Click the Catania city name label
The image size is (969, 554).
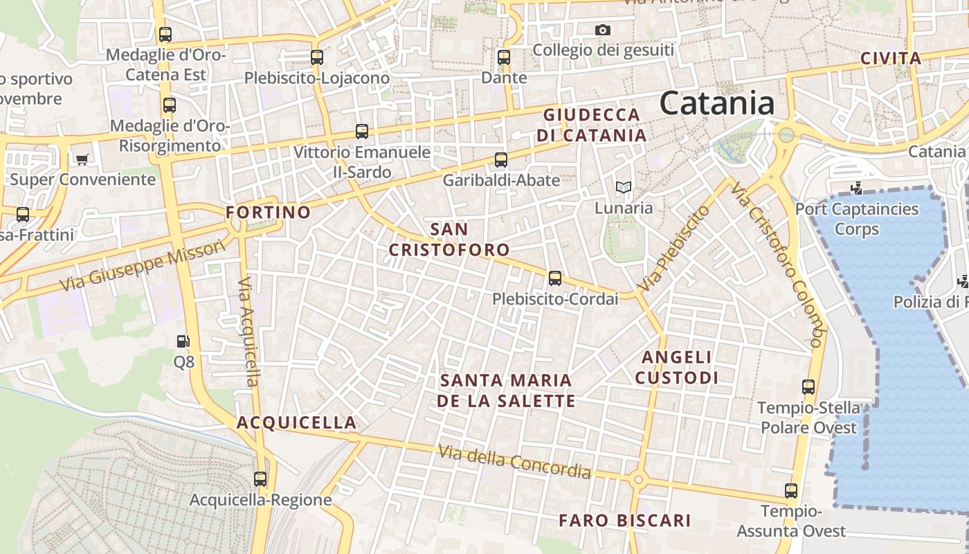coord(716,104)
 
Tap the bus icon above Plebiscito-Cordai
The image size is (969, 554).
coord(554,278)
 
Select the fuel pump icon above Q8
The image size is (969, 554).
coord(183,341)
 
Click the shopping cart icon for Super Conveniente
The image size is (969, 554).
coord(82,159)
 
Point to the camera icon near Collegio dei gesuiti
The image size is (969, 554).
coord(603,30)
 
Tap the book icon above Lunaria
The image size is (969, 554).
coord(624,187)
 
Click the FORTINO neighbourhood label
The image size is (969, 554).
coord(269,212)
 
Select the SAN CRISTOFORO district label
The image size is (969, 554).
coord(449,239)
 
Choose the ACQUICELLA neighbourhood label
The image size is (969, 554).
coord(297,422)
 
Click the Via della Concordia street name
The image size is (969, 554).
coord(514,462)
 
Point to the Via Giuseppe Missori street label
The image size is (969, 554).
coord(143,266)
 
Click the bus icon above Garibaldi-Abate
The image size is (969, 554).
coord(501,160)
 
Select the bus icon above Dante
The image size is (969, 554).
coord(504,57)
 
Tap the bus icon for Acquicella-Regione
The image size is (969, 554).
coord(260,479)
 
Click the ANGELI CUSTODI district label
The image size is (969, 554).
coord(676,367)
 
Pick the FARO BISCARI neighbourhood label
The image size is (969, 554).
coord(624,520)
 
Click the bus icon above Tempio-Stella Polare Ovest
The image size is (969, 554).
coord(808,387)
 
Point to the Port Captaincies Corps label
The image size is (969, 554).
coord(857,218)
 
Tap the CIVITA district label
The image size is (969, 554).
coord(891,59)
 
